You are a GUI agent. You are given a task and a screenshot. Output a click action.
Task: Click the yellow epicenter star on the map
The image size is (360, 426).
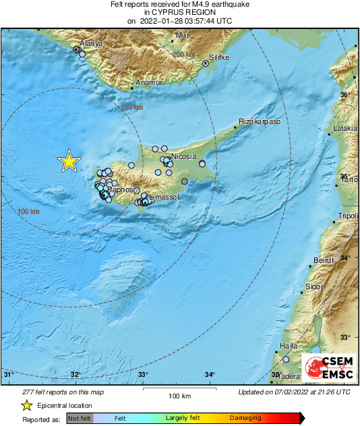[x=68, y=161]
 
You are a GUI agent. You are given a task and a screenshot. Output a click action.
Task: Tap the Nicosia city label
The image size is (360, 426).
[x=184, y=156]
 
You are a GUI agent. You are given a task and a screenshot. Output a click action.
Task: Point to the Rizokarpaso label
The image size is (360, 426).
[x=260, y=123]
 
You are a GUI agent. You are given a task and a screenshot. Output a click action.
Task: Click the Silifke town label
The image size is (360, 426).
[x=219, y=58]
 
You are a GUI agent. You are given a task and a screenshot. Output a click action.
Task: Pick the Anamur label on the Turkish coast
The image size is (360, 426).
[x=150, y=82]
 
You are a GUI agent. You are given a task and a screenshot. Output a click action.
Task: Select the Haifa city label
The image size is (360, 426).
[x=288, y=346]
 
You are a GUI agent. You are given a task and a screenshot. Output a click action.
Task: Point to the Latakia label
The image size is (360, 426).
[x=344, y=128]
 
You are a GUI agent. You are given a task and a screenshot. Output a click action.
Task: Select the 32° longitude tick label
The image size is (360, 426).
[x=76, y=375]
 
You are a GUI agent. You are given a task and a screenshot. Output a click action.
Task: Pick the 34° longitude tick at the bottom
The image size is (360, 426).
[x=210, y=375]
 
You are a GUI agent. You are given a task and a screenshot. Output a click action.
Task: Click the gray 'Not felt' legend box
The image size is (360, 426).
[x=80, y=418]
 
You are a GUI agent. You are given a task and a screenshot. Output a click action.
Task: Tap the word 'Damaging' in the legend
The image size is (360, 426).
[x=245, y=418]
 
